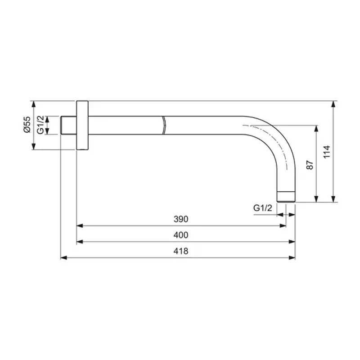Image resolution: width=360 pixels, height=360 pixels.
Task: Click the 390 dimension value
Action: click(180, 219)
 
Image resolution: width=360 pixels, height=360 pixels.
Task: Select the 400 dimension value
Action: click(180, 235)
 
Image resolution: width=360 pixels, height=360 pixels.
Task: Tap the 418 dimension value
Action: click(180, 251)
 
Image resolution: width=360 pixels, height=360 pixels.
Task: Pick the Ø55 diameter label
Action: click(27, 124)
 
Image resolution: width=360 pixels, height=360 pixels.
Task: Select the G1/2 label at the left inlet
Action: click(40, 125)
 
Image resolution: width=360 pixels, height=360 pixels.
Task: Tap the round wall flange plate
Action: click(83, 125)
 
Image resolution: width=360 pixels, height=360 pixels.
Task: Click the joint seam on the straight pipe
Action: click(164, 125)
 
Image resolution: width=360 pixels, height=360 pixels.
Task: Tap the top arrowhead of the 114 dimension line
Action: click(333, 104)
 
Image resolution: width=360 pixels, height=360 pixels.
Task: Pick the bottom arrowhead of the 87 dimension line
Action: click(317, 199)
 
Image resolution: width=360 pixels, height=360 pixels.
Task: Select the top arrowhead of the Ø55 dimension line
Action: click(33, 103)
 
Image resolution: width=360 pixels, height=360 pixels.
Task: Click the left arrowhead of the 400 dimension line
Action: click(80, 242)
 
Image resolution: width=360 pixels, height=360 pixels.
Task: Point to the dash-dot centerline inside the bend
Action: click(270, 135)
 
